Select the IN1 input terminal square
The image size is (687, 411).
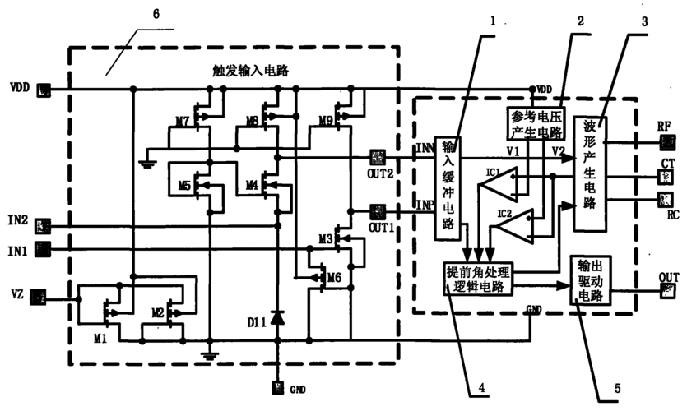pyautogui.click(x=44, y=247)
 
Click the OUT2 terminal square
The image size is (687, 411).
pyautogui.click(x=379, y=155)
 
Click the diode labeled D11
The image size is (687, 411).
pyautogui.click(x=278, y=316)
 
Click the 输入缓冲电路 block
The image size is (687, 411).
pyautogui.click(x=448, y=187)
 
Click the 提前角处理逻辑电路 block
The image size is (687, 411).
pyautogui.click(x=477, y=279)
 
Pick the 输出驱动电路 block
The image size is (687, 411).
pyautogui.click(x=591, y=280)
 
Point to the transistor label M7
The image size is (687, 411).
pyautogui.click(x=182, y=122)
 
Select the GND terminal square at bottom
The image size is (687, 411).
pyautogui.click(x=278, y=386)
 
